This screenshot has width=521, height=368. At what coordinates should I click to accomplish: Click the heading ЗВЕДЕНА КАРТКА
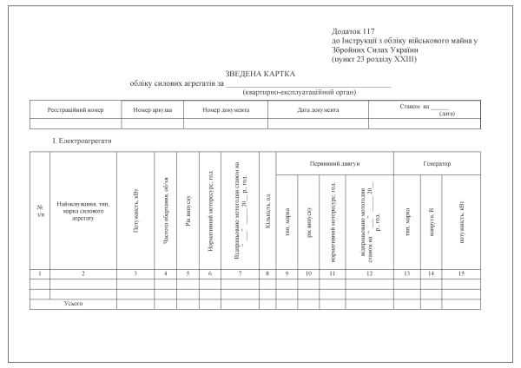point(260,75)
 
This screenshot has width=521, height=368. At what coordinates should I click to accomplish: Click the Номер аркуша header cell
point(153,111)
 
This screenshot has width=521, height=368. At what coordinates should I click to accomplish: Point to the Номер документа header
point(226,111)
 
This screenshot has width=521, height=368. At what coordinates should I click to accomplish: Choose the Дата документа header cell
point(317,111)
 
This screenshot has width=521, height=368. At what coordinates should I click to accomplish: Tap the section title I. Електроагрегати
point(82,140)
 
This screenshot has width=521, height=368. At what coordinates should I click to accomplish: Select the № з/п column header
point(40,211)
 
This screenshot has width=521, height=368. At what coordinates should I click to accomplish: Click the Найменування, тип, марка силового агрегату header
point(82,211)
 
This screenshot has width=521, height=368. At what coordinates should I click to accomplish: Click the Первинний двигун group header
point(334,163)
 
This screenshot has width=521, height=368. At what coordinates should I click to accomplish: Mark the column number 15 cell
point(461,273)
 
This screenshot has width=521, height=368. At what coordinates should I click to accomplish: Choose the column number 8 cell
point(267,273)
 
